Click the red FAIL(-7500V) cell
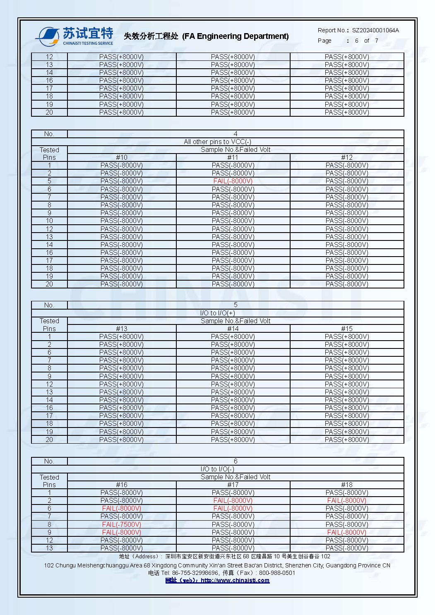[122, 524]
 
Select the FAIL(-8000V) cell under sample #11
[233, 181]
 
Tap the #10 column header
[122, 157]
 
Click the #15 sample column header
[347, 329]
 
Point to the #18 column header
[347, 485]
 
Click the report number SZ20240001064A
[375, 30]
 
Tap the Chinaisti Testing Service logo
[75, 36]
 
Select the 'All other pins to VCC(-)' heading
[217, 142]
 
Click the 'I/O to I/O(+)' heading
[217, 313]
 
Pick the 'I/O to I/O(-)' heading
[217, 469]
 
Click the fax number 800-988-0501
[277, 573]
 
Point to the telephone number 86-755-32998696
[195, 573]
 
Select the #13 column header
[122, 329]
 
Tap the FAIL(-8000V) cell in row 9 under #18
[347, 532]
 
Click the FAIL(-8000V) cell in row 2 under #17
[233, 500]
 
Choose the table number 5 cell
[236, 305]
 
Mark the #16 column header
[122, 485]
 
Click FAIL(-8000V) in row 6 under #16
[122, 508]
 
